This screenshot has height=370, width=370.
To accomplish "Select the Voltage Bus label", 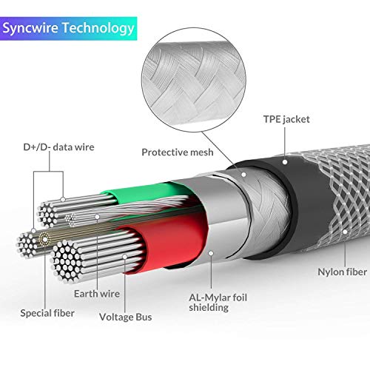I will point(126,317).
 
